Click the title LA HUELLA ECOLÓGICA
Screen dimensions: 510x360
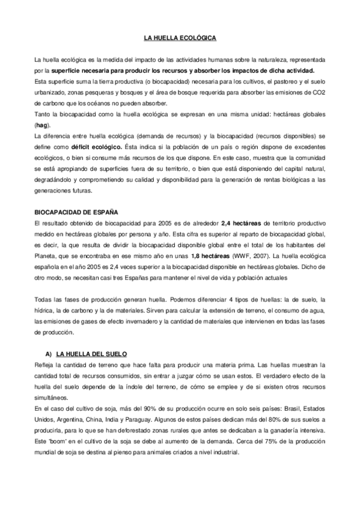[x=180, y=38]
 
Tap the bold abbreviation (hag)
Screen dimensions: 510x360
[x=41, y=125]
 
